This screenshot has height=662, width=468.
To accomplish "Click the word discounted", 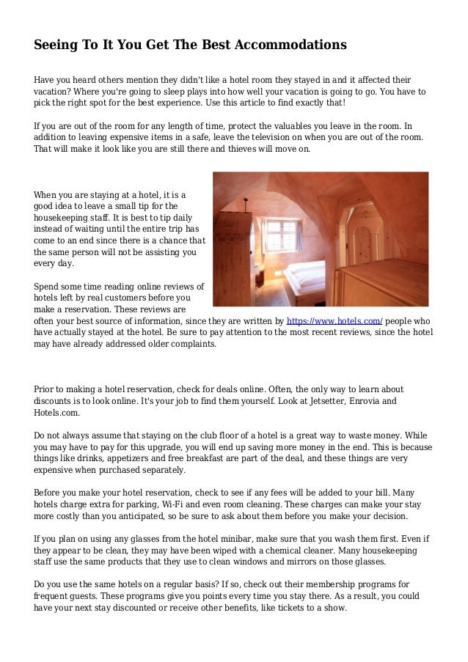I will coord(142,608).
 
